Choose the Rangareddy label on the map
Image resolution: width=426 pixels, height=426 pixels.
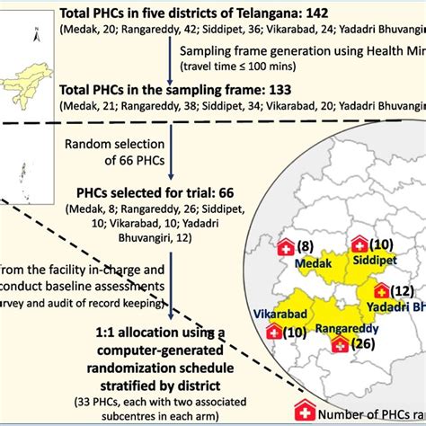tap(336, 328)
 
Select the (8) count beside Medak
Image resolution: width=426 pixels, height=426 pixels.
tap(306, 246)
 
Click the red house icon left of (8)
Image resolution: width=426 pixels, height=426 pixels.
tap(286, 246)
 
